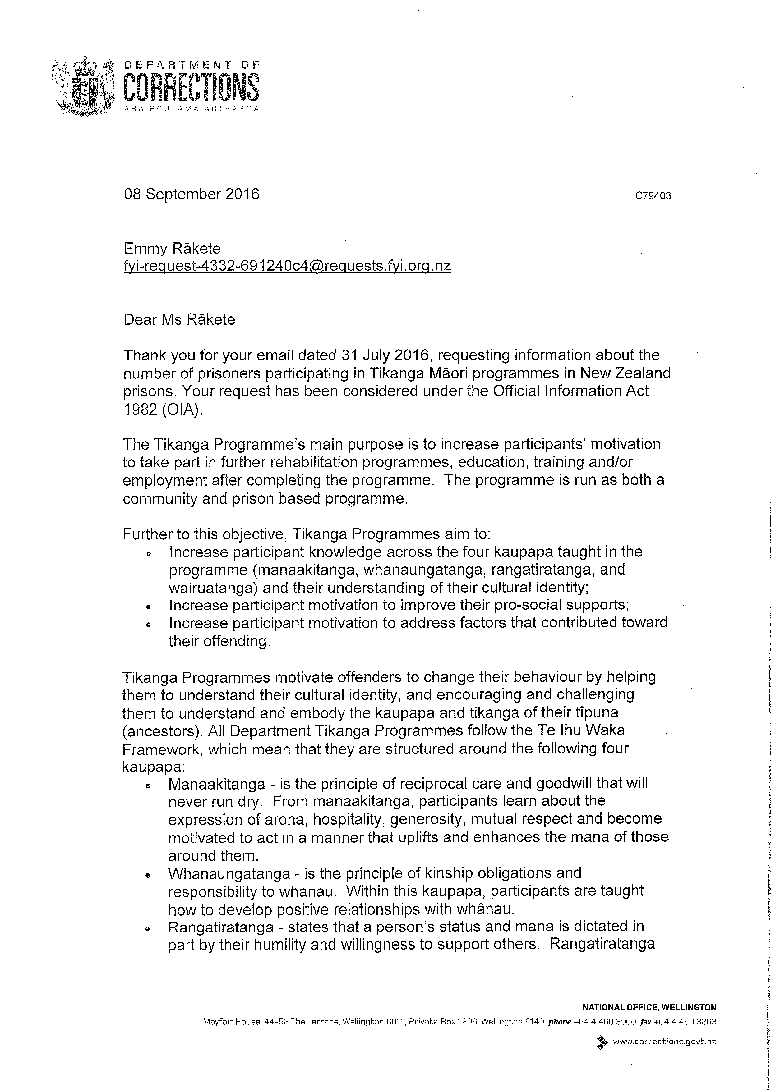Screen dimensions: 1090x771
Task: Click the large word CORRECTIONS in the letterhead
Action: pyautogui.click(x=192, y=87)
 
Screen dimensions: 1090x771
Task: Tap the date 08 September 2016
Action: pyautogui.click(x=192, y=194)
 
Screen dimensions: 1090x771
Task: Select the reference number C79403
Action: pyautogui.click(x=653, y=195)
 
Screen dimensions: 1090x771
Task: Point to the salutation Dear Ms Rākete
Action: pyautogui.click(x=179, y=319)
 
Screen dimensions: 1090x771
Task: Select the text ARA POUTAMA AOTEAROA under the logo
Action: pyautogui.click(x=192, y=109)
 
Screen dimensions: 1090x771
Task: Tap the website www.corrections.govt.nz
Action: pyautogui.click(x=664, y=1042)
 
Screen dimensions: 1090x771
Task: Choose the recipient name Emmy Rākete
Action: pyautogui.click(x=172, y=248)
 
